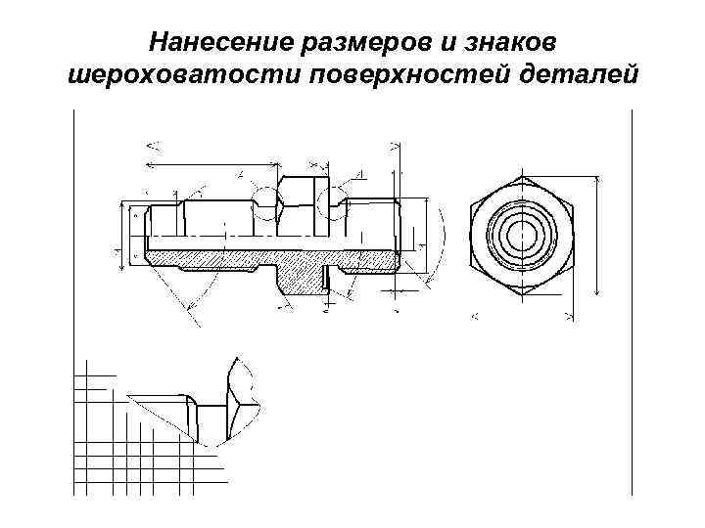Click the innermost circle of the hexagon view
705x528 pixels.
click(x=520, y=236)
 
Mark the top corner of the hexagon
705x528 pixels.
click(x=521, y=179)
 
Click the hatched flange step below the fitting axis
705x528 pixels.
click(x=299, y=278)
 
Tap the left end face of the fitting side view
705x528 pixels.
click(x=145, y=235)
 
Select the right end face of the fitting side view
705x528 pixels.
click(x=399, y=235)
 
